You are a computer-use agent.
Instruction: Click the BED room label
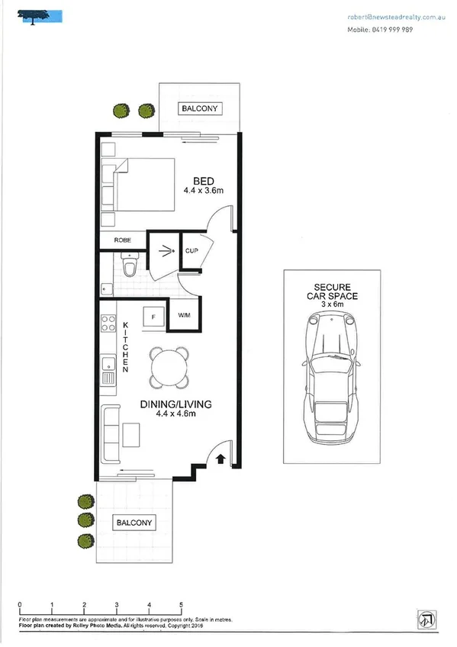[202, 180]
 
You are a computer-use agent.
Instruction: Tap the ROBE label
[122, 240]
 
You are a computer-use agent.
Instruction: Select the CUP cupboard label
[191, 249]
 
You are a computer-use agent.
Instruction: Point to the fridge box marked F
[154, 315]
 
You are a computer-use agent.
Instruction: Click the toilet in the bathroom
[128, 265]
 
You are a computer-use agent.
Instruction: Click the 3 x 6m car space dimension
[332, 304]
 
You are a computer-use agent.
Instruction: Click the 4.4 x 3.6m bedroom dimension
[203, 191]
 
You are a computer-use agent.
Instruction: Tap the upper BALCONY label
[200, 109]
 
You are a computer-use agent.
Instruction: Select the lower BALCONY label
[134, 523]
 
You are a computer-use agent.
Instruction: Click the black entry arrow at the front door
[220, 459]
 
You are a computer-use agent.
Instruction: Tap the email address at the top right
[396, 16]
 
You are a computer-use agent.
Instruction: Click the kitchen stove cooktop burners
[108, 323]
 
